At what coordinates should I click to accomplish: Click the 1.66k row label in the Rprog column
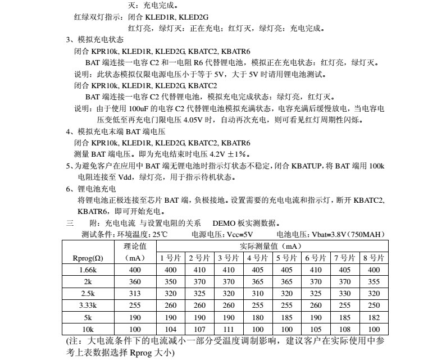(87, 270)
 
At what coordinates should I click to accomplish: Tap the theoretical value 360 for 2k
(134, 282)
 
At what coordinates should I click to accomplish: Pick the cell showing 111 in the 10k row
(229, 330)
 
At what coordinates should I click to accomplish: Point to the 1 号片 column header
(171, 258)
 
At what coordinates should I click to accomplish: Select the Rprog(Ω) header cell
(88, 258)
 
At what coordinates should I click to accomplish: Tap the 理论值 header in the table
(135, 246)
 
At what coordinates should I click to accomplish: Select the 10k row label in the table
(87, 330)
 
